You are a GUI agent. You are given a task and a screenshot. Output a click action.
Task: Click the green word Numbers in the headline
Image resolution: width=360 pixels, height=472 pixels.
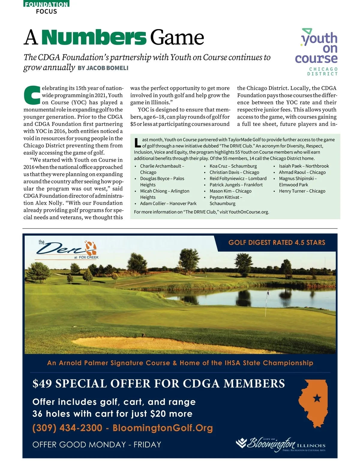[94, 37]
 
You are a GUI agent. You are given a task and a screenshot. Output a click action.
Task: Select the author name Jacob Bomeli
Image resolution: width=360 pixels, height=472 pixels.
[103, 68]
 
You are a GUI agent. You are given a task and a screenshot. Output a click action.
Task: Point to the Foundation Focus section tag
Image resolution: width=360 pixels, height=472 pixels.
[46, 7]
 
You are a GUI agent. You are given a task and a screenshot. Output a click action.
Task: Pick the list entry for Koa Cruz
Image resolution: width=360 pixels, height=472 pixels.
[233, 166]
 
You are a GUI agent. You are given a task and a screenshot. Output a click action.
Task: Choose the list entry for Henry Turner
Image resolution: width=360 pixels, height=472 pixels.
[302, 191]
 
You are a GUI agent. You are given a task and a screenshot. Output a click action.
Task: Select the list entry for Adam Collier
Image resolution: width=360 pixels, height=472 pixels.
[168, 203]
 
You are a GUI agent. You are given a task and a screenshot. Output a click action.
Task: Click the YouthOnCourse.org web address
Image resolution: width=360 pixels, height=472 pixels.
[248, 212]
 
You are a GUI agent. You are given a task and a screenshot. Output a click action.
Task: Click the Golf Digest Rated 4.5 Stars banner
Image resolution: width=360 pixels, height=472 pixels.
[277, 242]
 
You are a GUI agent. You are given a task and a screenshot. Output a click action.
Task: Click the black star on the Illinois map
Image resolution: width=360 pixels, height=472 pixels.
[317, 399]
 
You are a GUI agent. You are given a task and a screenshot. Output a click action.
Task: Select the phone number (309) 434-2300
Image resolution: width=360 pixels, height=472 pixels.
[67, 428]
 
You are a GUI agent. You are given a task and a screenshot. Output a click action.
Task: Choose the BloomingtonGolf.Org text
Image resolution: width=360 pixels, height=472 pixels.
[163, 428]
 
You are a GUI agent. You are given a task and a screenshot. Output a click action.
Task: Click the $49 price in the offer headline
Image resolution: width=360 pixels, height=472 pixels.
[42, 384]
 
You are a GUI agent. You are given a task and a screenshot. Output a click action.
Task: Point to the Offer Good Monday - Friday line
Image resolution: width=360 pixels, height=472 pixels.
[97, 444]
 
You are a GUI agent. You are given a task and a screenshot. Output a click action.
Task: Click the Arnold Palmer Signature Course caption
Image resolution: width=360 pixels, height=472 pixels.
[180, 363]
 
